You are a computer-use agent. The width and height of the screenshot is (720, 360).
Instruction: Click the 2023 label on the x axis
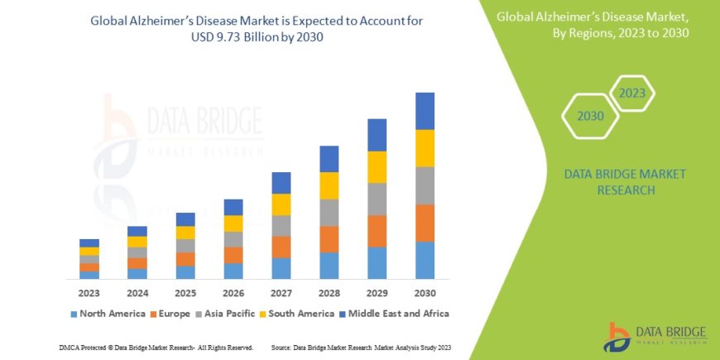[x=89, y=293]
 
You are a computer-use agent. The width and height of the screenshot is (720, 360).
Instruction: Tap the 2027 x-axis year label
[x=281, y=293]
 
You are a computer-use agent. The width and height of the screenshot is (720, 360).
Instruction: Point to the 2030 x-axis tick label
[x=425, y=293]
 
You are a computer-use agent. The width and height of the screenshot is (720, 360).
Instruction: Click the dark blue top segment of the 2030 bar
[x=425, y=111]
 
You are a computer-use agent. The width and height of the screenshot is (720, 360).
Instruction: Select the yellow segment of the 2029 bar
[x=377, y=167]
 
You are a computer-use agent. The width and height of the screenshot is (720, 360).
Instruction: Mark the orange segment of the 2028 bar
[x=329, y=239]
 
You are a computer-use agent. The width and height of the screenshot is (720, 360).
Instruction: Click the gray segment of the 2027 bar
[x=281, y=226]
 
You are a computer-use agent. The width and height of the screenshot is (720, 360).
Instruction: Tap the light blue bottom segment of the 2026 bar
[x=233, y=271]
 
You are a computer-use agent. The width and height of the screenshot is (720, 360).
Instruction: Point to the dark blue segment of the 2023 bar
[x=89, y=242]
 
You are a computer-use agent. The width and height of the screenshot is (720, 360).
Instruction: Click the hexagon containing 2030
[x=590, y=117]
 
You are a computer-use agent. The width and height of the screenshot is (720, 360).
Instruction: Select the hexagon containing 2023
[x=631, y=93]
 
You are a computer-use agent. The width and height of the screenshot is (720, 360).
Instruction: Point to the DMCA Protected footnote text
[x=156, y=347]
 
